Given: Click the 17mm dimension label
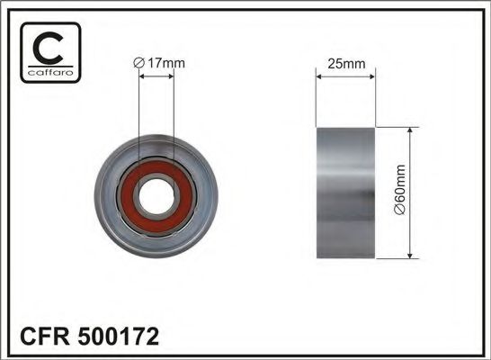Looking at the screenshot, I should pos(163,62).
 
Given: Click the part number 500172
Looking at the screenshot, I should pos(116,337).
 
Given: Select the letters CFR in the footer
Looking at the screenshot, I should pos(40,337).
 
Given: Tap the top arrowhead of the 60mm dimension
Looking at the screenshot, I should pos(411,132).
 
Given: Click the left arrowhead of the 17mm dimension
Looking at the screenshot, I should pos(142,76).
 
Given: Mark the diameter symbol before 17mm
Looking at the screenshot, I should pos(138,62).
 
